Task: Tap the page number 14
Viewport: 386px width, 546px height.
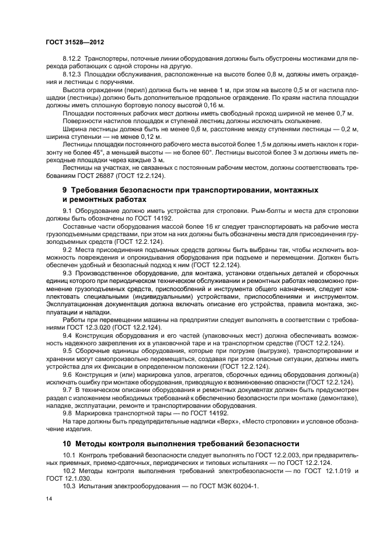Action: coord(49,499)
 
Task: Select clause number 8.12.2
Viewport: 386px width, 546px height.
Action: coord(72,59)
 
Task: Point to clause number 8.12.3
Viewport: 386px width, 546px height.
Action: coord(72,75)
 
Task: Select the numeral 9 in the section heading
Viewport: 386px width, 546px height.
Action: coord(65,190)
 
